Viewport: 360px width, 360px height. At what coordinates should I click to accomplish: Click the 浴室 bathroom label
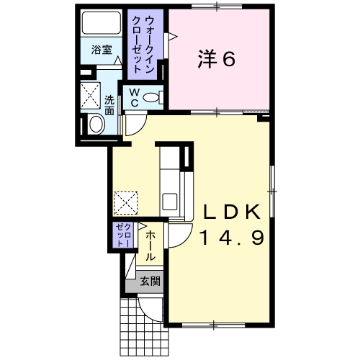102,50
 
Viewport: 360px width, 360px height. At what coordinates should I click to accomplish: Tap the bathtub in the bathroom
102,23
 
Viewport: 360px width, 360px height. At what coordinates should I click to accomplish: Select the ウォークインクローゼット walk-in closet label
143,44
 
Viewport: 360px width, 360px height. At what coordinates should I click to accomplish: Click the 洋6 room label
217,59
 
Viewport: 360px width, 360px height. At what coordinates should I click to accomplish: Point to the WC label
135,97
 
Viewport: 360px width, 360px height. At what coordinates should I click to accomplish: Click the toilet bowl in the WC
151,98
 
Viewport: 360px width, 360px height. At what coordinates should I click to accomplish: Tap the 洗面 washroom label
109,105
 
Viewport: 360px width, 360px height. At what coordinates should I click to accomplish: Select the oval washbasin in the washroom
96,125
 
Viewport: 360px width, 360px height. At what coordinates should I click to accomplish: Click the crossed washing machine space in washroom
90,95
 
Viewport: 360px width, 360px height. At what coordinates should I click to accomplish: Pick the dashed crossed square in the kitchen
126,203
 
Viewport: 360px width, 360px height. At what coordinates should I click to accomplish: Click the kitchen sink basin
170,202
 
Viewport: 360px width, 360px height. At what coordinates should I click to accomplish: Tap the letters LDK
232,212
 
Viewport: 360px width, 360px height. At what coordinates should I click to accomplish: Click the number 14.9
233,237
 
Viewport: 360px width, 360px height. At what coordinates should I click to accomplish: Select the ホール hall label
150,246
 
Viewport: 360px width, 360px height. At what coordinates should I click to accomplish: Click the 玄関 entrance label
150,281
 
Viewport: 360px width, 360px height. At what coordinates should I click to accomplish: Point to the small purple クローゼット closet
124,235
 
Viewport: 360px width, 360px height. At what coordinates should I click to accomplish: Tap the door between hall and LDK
179,235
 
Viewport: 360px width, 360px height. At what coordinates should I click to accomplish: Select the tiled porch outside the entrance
144,333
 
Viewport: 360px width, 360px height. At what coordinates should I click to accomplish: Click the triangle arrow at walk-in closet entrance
173,37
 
